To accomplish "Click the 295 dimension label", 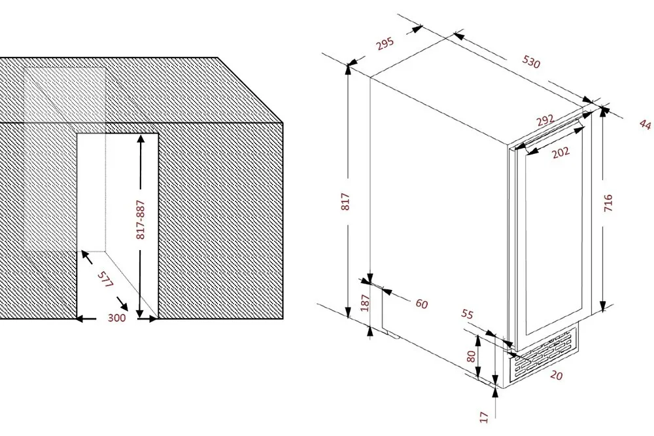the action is [385, 43].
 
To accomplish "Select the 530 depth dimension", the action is [531, 62].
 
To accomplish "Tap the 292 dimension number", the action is [545, 120].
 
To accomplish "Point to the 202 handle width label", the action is [560, 153].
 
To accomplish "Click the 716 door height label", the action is [608, 203].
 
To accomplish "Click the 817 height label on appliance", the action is [346, 201].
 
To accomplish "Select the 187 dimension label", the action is [365, 303].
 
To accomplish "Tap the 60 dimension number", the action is [422, 304].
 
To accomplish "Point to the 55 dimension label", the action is [468, 314].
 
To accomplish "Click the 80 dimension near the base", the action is [471, 356].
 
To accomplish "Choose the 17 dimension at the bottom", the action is [483, 417].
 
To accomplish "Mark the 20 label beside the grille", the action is [557, 376].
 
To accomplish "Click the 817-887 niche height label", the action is [141, 220].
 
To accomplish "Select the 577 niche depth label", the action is [105, 280].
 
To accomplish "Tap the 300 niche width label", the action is [117, 318].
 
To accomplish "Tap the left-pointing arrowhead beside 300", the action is [80, 319].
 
